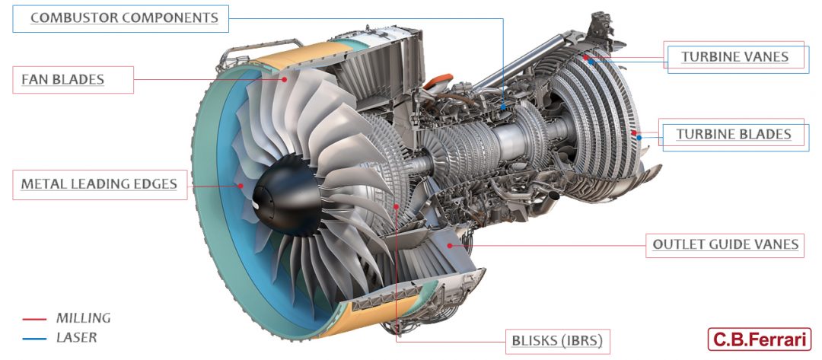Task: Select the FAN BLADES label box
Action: [x=73, y=80]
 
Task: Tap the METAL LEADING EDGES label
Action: [x=100, y=184]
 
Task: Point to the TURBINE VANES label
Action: [x=734, y=56]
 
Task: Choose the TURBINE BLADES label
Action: [x=733, y=134]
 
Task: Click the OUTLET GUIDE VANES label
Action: [x=725, y=245]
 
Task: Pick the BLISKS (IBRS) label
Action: [x=557, y=342]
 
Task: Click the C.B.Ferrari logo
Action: [x=759, y=339]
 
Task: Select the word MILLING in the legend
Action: [x=84, y=318]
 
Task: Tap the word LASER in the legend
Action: [x=77, y=337]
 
